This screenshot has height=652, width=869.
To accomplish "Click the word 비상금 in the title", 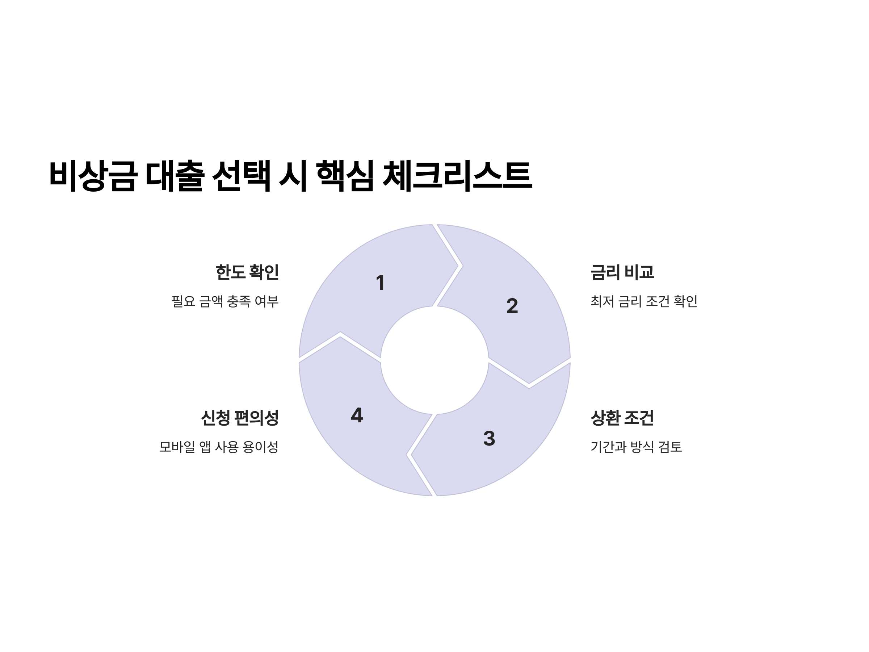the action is [x=93, y=176].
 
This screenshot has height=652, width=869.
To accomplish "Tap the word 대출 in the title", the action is [x=175, y=176].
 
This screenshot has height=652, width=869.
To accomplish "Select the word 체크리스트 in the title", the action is [x=457, y=176].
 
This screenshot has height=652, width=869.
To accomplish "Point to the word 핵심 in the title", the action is [x=345, y=176].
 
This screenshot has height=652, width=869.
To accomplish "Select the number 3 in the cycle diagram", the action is [x=489, y=438].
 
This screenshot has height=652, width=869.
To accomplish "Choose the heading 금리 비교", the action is [x=622, y=272].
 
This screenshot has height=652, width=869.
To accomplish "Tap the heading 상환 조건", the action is [x=622, y=418].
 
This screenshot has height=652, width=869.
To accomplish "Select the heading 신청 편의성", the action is [x=240, y=418].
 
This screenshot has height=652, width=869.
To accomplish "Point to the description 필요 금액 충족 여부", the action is [x=225, y=301].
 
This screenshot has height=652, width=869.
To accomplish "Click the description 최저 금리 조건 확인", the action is [x=643, y=301].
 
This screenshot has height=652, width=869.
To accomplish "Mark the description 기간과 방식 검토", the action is [x=636, y=447].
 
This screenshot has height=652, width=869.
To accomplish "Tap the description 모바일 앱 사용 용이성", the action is [x=219, y=447].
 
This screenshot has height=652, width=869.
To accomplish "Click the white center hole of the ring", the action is [x=434, y=360].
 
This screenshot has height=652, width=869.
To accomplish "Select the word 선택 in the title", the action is [x=241, y=176].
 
